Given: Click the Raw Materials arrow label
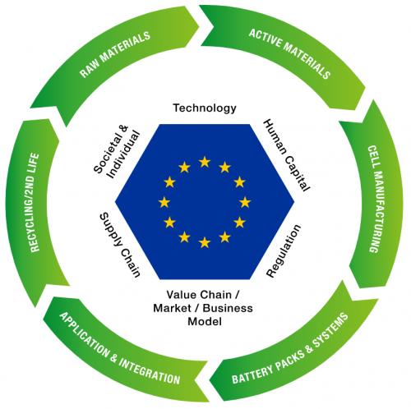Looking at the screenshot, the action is pos(115,54).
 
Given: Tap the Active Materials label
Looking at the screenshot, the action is pos(289,54).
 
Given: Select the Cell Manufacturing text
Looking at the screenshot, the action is pos(376,199).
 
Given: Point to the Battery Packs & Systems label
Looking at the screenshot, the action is pos(290,348).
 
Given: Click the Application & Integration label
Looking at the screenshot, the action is pos(120,348).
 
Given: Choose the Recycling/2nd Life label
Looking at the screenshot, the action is pos(35,203).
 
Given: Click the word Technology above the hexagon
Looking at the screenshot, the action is pos(205,108).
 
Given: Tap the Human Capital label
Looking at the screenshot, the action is pos(287,154).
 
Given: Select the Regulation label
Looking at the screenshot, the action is pos(284,251).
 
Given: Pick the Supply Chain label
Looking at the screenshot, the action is pos(120,245).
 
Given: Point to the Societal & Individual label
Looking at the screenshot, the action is pos(117,151).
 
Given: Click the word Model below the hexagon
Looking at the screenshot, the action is pos(205,321).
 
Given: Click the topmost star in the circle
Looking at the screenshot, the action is pos(205,162).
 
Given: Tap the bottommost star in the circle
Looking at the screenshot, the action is pos(205,242).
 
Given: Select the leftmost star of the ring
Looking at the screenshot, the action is pos(164,202).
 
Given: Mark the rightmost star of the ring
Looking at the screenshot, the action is pos(245,202).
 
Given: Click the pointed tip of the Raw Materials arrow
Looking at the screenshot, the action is pos(199,26).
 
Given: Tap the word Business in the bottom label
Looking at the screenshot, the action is pos(228,308).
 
